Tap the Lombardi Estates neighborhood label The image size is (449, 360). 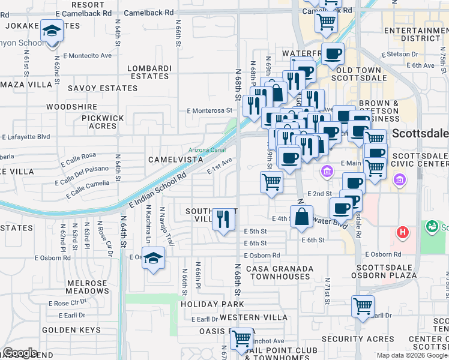click(149, 72)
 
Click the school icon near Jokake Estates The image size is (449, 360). click(53, 31)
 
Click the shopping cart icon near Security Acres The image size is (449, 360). click(363, 306)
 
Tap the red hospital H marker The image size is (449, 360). click(403, 232)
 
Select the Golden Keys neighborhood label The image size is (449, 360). click(71, 330)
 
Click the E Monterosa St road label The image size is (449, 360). click(209, 110)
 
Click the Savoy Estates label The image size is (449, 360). click(102, 88)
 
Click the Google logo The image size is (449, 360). click(20, 353)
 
